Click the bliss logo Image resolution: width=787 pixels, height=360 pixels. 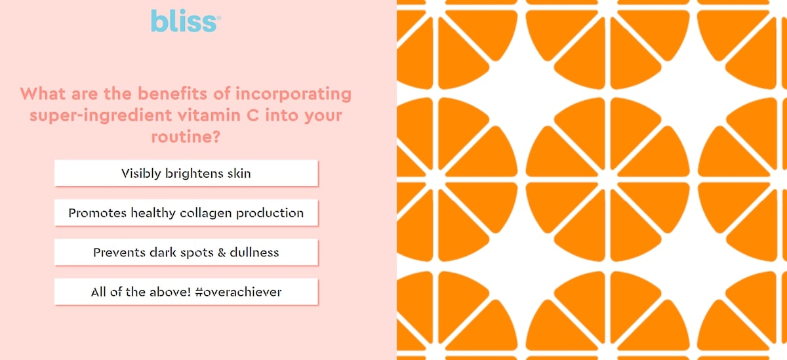(x=185, y=21)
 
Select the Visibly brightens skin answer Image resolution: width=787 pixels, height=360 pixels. (x=186, y=173)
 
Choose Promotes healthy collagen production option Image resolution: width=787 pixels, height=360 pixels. (x=186, y=212)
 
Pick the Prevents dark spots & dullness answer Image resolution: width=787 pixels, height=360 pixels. (x=186, y=252)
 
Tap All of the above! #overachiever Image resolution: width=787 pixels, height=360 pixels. (x=186, y=292)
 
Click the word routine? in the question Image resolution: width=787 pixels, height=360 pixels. (x=186, y=138)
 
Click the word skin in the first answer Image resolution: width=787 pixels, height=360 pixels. (x=238, y=173)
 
